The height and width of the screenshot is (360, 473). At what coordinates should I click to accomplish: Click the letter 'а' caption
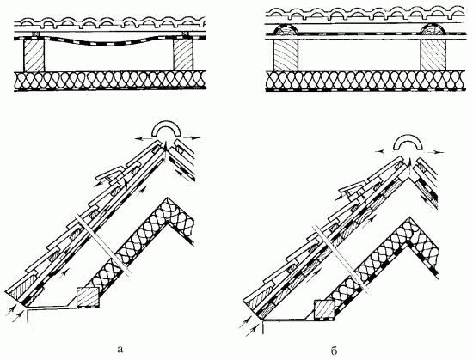[x=120, y=350]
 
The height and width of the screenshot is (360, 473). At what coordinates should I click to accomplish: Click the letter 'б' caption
[x=334, y=351]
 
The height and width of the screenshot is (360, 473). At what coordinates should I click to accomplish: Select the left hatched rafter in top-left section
[x=34, y=55]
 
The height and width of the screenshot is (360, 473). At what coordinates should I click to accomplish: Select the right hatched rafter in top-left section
[x=183, y=54]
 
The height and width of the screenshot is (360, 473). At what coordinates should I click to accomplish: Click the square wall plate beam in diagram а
[x=88, y=297]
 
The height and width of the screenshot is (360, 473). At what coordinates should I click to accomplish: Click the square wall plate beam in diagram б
[x=324, y=309]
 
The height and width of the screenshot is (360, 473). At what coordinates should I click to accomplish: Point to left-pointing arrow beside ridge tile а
[x=144, y=139]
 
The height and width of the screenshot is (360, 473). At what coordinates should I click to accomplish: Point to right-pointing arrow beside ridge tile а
[x=191, y=138]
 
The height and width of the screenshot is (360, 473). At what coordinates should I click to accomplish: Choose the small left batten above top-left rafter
[x=35, y=34]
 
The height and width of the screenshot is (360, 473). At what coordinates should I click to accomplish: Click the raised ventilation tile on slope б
[x=353, y=187]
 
